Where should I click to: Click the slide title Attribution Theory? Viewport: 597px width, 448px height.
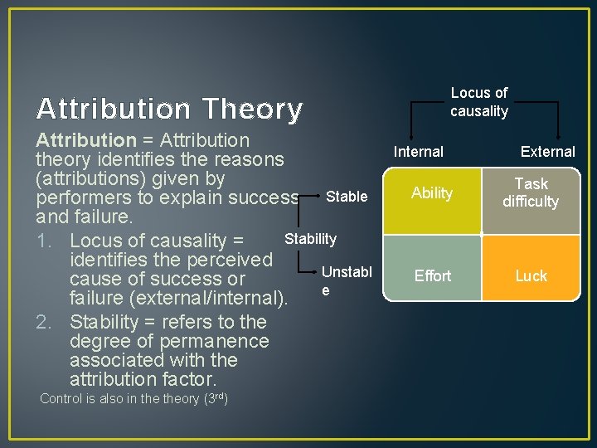pos(169,109)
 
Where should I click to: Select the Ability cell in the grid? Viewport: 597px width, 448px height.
pos(432,193)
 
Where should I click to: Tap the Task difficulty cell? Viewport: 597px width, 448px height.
pos(531,192)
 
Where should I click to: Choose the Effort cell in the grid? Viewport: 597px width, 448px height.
pos(432,275)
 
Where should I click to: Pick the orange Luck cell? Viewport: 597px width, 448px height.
pos(531,275)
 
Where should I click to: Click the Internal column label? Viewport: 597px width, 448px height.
pos(418,152)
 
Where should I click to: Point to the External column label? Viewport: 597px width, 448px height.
pos(547,152)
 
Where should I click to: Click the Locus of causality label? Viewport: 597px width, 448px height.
pos(479,102)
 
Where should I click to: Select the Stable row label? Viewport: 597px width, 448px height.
pos(347,197)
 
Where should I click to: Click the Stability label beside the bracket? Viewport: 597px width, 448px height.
pos(310,239)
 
